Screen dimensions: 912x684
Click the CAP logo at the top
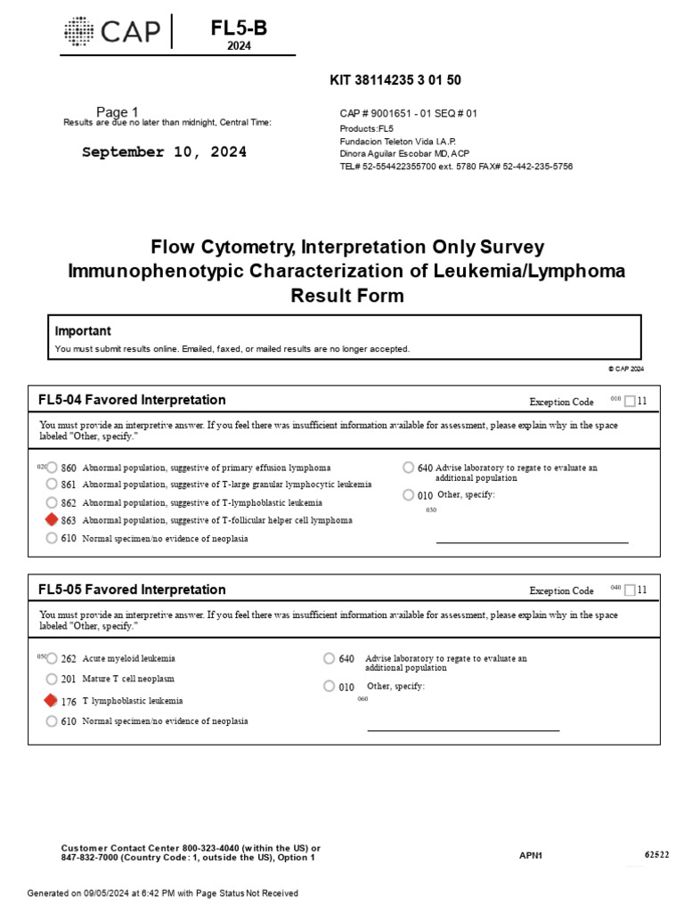(x=112, y=33)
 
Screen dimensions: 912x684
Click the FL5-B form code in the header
(x=238, y=28)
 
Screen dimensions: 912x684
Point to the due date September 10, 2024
(x=165, y=152)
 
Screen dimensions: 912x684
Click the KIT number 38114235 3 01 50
(x=395, y=80)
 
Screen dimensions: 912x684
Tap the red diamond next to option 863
(x=52, y=520)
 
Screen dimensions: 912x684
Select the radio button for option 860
(x=52, y=468)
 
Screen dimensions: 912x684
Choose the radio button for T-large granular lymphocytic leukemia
(x=52, y=484)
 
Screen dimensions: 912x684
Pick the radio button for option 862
(x=52, y=502)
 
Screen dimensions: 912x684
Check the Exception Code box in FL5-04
(x=631, y=401)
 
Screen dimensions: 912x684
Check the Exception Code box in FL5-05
(x=631, y=590)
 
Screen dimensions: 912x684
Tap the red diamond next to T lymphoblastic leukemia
(x=51, y=701)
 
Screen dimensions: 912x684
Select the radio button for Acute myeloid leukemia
(x=51, y=659)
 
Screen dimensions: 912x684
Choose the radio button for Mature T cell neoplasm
(x=51, y=680)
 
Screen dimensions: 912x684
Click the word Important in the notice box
(x=83, y=330)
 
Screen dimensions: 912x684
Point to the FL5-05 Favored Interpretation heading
(x=132, y=590)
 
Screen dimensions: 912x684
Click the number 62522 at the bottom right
(x=656, y=855)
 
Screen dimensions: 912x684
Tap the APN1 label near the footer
(x=531, y=856)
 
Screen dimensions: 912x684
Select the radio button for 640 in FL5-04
(x=408, y=468)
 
